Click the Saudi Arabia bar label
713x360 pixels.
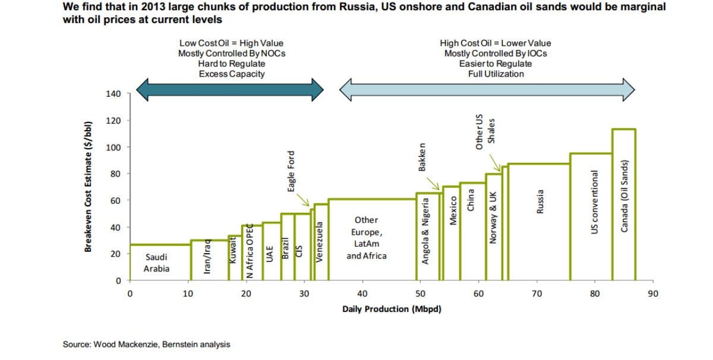click(x=156, y=263)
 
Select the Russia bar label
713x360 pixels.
click(x=540, y=202)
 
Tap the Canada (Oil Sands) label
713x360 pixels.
click(x=624, y=196)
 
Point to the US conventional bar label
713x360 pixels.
click(x=594, y=202)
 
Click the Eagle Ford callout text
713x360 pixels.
click(x=291, y=171)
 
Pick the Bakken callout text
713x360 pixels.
click(x=422, y=157)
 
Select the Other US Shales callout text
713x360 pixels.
click(x=485, y=132)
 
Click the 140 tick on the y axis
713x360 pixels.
click(x=113, y=94)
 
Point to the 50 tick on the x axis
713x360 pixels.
click(x=420, y=293)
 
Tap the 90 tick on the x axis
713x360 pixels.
click(x=653, y=293)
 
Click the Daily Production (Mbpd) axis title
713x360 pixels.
click(x=392, y=309)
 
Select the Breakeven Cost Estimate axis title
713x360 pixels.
click(x=88, y=187)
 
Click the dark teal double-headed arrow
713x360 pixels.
click(x=230, y=90)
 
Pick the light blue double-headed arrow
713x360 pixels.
click(x=487, y=90)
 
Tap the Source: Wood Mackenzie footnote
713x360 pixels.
click(x=146, y=345)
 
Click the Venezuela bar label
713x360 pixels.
click(x=319, y=242)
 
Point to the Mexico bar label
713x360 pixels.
click(x=453, y=210)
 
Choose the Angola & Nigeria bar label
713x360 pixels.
click(x=425, y=231)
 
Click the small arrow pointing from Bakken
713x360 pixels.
click(x=433, y=184)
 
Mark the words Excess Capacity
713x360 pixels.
click(x=232, y=74)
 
